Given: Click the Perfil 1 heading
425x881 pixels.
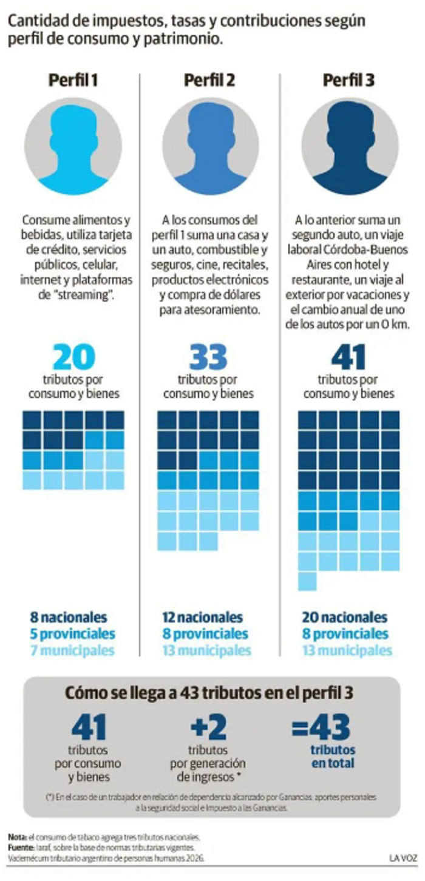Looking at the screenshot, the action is point(73,80).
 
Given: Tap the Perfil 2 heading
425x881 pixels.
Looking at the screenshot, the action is point(209,80).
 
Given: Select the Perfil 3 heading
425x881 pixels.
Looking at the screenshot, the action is point(348,80).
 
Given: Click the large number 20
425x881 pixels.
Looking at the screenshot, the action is point(73,357).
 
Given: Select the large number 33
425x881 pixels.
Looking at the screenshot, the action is point(208,357).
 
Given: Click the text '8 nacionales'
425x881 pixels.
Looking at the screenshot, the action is point(69,617).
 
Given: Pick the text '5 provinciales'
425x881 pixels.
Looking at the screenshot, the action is point(73,633).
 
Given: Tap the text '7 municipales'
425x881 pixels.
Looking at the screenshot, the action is point(72,650).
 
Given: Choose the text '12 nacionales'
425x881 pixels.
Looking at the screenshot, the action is point(203,617).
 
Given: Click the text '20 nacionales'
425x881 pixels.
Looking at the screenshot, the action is point(345,617).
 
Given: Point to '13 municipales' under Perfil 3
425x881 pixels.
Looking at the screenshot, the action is point(347,650).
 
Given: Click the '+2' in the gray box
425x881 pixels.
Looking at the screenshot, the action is point(208,727).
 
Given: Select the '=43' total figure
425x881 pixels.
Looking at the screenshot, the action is point(321,727).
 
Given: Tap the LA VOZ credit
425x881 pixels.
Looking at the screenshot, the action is point(403,858).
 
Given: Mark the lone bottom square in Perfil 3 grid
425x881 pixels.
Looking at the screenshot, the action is point(307,581).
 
